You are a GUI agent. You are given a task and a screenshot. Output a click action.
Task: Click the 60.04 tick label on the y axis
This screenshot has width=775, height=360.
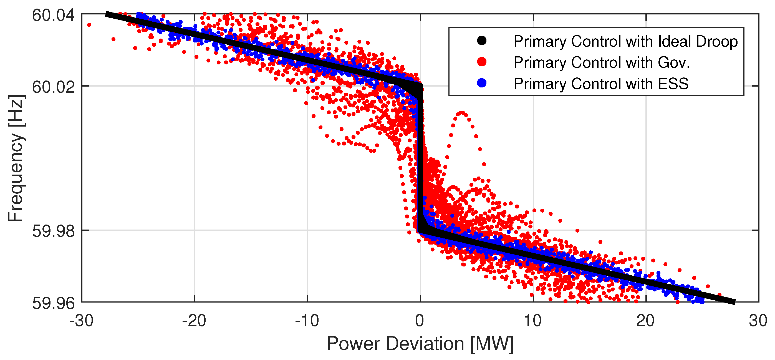coord(53,15)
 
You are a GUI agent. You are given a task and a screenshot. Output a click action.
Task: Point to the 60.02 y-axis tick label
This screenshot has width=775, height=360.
coord(53,87)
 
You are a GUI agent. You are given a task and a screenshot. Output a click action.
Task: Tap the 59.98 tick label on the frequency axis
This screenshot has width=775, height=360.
coord(53,231)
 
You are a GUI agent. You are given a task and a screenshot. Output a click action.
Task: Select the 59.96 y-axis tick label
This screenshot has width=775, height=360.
coord(53,303)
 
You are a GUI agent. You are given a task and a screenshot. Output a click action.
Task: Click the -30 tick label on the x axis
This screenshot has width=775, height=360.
coord(81,321)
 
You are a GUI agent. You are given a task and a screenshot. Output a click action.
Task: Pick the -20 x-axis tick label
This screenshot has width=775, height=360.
coord(194,321)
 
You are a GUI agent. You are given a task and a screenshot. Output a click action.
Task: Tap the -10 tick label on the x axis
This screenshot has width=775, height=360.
coord(307,321)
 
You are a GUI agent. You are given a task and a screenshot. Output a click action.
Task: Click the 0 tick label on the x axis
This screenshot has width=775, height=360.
coord(420,321)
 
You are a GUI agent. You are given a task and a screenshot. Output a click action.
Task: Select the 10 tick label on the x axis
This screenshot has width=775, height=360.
coord(532,321)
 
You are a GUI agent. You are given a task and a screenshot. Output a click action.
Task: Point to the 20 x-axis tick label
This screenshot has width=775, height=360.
coord(645,321)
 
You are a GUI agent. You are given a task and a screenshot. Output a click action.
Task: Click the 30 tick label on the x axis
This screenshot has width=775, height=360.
coord(758,321)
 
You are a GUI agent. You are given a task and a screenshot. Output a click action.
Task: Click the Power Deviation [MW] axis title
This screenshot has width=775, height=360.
coord(420,344)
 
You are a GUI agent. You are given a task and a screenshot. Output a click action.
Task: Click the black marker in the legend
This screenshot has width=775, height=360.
coord(482,41)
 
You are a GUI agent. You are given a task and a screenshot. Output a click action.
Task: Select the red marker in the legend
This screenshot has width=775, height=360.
coord(482,62)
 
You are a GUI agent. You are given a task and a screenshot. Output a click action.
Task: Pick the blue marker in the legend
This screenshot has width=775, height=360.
coord(482,83)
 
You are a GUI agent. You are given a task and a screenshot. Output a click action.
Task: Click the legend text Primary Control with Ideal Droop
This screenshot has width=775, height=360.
coord(625,42)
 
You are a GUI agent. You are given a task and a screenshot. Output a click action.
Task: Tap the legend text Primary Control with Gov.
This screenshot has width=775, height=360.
coord(601,63)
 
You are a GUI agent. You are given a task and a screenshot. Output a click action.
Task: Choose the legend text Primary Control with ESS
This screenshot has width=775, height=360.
coord(600,84)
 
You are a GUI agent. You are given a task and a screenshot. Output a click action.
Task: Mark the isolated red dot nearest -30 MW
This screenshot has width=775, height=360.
coord(89,25)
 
